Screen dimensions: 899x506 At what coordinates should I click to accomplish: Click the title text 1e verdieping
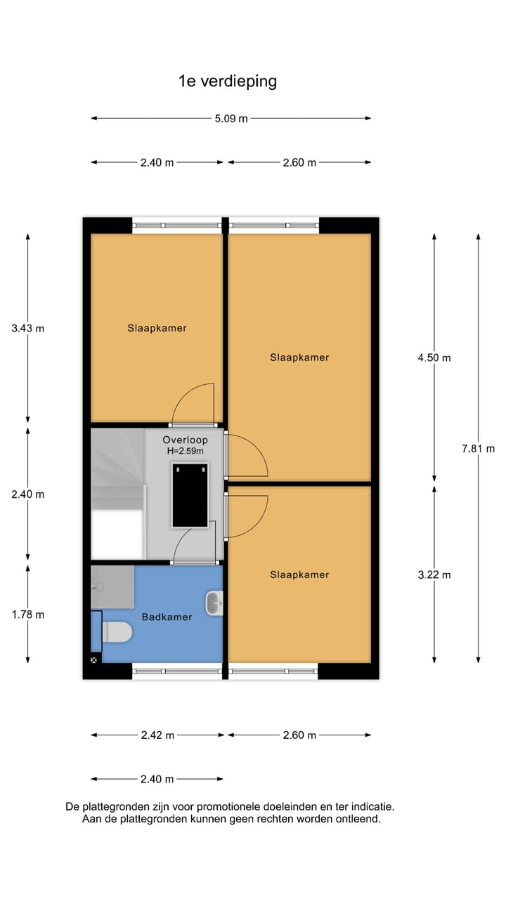[x=228, y=81]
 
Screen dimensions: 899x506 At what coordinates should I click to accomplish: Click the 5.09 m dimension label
[x=231, y=119]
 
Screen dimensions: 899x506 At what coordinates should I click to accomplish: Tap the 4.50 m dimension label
[x=434, y=357]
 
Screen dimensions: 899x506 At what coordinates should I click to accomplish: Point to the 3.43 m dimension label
[x=28, y=328]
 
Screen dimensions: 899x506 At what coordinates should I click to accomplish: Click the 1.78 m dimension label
[x=28, y=615]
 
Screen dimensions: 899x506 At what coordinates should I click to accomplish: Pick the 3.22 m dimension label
[x=434, y=575]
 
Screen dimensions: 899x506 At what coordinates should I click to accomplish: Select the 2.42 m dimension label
[x=157, y=735]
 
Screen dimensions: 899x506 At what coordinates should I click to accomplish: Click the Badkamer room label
[x=167, y=617]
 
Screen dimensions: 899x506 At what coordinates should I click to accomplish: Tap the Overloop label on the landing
[x=185, y=440]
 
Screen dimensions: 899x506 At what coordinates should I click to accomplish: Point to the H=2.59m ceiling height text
[x=185, y=451]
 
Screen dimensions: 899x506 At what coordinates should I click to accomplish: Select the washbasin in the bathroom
[x=214, y=602]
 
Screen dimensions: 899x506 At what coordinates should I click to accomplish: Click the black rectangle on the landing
[x=190, y=494]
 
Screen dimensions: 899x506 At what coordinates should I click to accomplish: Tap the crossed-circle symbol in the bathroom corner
[x=93, y=660]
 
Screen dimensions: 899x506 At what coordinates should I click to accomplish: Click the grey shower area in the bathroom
[x=112, y=586]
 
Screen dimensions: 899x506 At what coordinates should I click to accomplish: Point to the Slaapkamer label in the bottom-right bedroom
[x=299, y=575]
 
